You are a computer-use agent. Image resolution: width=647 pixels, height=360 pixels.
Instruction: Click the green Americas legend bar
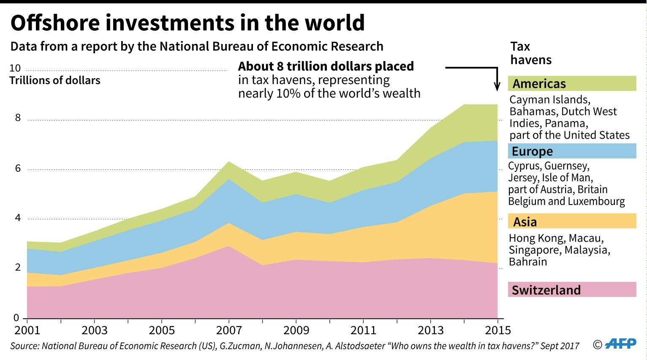tap(572, 84)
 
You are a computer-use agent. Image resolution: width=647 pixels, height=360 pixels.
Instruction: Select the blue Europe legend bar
tap(572, 151)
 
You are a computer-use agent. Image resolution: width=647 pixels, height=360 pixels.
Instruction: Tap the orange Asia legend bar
tap(572, 221)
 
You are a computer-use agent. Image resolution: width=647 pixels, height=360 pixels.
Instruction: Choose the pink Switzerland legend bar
tap(572, 290)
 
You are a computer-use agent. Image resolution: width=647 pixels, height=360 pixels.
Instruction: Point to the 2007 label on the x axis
tap(229, 330)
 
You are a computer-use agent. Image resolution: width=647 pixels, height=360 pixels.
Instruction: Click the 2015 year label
tap(498, 330)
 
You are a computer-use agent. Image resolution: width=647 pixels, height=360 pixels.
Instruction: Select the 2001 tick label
tap(27, 330)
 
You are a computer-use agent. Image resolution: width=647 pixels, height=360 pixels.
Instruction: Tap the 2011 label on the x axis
tap(364, 330)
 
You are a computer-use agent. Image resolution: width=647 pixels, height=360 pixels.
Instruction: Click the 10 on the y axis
tap(15, 68)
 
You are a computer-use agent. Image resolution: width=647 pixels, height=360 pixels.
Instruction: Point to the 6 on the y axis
tap(18, 169)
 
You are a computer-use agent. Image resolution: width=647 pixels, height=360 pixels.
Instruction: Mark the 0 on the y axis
tap(16, 318)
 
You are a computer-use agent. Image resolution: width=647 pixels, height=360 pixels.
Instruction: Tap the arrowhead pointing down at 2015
tap(497, 86)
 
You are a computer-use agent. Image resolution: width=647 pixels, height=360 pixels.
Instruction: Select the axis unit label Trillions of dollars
tap(55, 81)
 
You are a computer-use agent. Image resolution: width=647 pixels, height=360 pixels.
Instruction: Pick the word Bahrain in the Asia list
tap(528, 262)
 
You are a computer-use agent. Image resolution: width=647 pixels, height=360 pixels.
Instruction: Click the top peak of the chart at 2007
tap(229, 162)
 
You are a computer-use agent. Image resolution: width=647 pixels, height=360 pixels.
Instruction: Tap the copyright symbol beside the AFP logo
tap(598, 345)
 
